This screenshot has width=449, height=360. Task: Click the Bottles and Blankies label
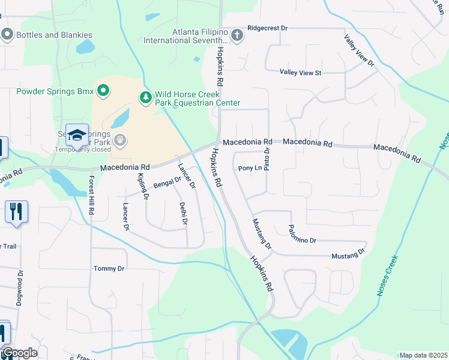point(54,35)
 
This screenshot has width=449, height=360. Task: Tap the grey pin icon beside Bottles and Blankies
point(7,34)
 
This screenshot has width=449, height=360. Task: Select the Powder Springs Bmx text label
point(55,91)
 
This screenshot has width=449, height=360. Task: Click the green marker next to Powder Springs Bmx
point(103,91)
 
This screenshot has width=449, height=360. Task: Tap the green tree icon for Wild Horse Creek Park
point(145,97)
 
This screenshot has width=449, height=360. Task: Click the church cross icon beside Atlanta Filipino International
point(237,34)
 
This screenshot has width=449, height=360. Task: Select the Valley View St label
point(301,73)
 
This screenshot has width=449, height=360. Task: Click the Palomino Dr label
point(302,234)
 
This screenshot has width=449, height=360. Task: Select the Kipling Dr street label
point(143,185)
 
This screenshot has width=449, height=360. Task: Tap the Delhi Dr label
point(184,214)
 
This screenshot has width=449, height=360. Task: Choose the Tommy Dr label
point(109,269)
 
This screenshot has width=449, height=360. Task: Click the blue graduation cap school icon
point(77,136)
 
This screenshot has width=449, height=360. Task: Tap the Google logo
point(20,353)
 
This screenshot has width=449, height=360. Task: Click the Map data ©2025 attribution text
point(423,355)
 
